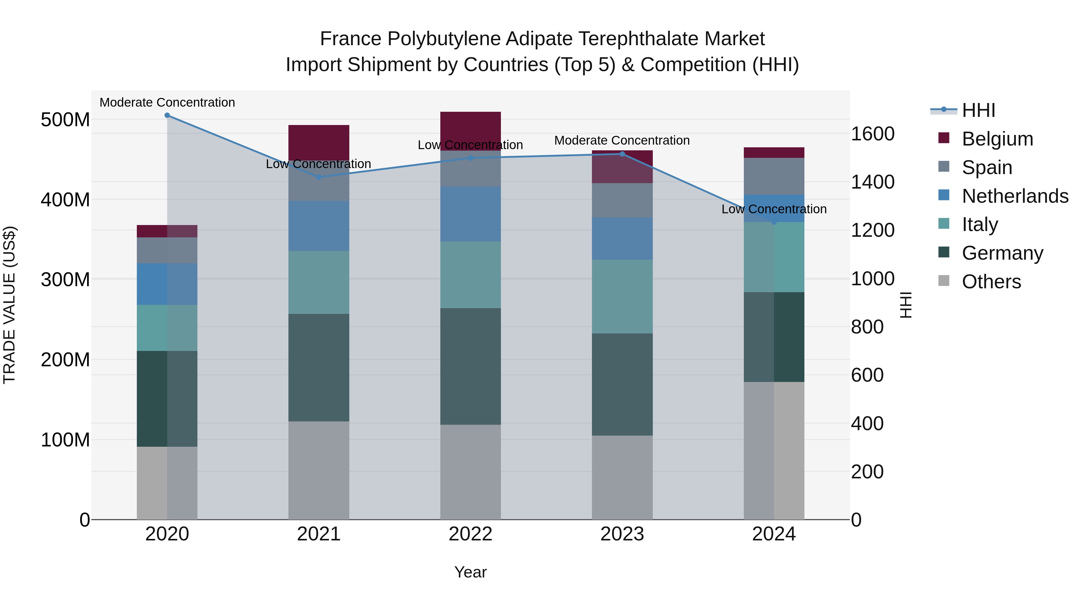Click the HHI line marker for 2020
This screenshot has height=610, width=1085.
tap(167, 115)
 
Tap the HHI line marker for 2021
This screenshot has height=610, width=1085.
tap(319, 177)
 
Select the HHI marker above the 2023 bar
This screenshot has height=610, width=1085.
tap(622, 154)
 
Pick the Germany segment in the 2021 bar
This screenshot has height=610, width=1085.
tap(319, 368)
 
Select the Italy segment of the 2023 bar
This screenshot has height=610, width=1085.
tap(622, 296)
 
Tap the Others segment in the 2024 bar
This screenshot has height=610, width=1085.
tap(774, 450)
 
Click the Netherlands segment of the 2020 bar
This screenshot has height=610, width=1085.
tap(167, 284)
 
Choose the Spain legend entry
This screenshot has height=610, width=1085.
tap(986, 167)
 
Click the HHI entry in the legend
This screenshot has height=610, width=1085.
tap(978, 110)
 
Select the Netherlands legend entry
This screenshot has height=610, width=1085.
tap(1015, 196)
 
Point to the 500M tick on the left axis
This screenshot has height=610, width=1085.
tap(65, 120)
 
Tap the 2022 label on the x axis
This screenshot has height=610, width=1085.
tap(470, 534)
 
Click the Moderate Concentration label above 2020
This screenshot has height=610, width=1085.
tap(167, 103)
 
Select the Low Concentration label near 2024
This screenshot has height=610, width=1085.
tap(774, 209)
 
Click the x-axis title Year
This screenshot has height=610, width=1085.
tap(470, 572)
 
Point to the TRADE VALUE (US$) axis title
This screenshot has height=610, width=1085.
tap(9, 305)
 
